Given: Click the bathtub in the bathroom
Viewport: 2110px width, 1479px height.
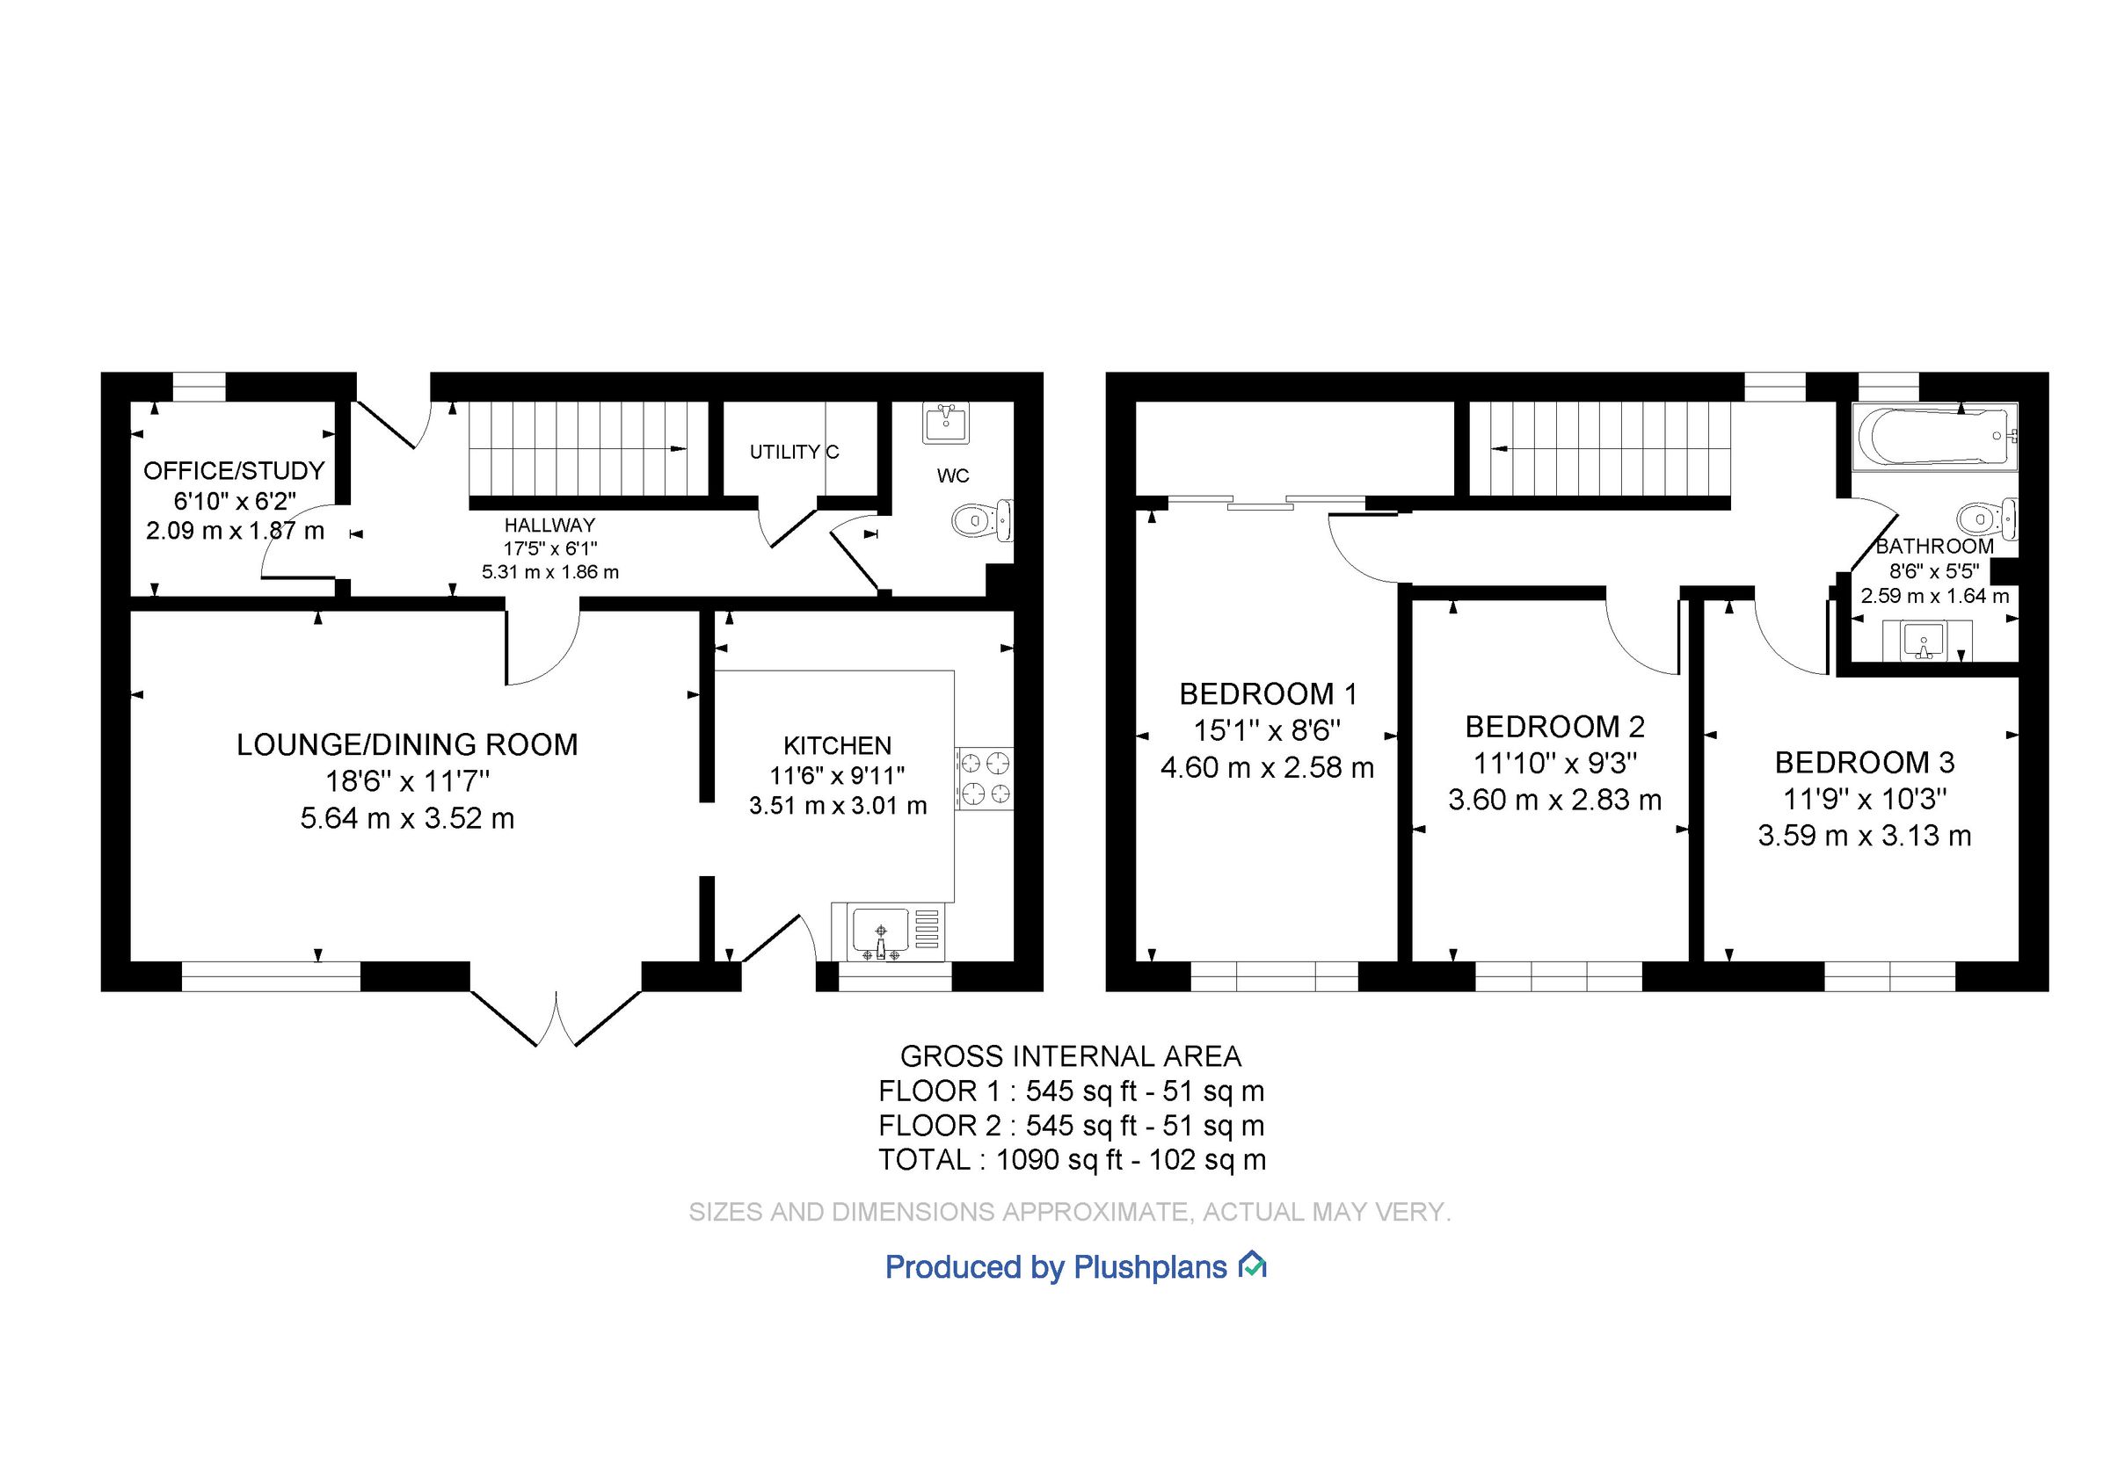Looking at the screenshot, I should coord(1933,437).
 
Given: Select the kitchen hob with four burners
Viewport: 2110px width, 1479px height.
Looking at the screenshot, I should coord(986,777).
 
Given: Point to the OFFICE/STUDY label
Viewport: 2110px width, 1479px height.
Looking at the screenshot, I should coord(235,470).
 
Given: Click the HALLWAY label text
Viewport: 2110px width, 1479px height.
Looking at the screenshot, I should coord(549,526).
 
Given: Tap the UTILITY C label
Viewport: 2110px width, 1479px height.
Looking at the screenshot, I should coord(794,452).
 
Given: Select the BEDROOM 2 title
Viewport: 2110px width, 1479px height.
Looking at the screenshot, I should coord(1554,727).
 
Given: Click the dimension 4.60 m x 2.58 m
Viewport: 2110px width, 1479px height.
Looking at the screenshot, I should coord(1267,767).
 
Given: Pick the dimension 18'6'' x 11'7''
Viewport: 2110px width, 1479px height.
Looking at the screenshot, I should coord(407,781).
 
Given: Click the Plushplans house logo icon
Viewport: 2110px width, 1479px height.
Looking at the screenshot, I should coord(1253,1265).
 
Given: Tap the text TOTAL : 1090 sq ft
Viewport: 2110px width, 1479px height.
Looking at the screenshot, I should coord(1000,1160).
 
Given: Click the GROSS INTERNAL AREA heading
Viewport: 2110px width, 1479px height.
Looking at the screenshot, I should coord(1071,1056).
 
